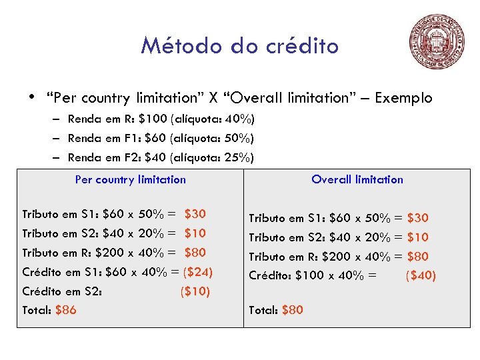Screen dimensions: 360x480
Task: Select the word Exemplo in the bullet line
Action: [403, 98]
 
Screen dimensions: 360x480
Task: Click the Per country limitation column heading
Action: [131, 179]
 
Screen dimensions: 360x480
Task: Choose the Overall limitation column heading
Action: [357, 179]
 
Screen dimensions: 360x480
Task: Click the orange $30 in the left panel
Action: [195, 214]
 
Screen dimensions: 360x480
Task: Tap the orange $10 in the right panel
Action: [418, 237]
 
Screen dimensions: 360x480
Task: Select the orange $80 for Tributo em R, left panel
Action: [195, 253]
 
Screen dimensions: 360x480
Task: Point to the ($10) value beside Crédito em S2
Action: [195, 291]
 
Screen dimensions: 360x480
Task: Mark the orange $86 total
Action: [65, 310]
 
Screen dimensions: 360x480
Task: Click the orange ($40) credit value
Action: [421, 275]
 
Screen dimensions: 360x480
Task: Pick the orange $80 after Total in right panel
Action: [293, 310]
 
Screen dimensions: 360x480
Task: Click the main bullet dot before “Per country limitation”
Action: [32, 98]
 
